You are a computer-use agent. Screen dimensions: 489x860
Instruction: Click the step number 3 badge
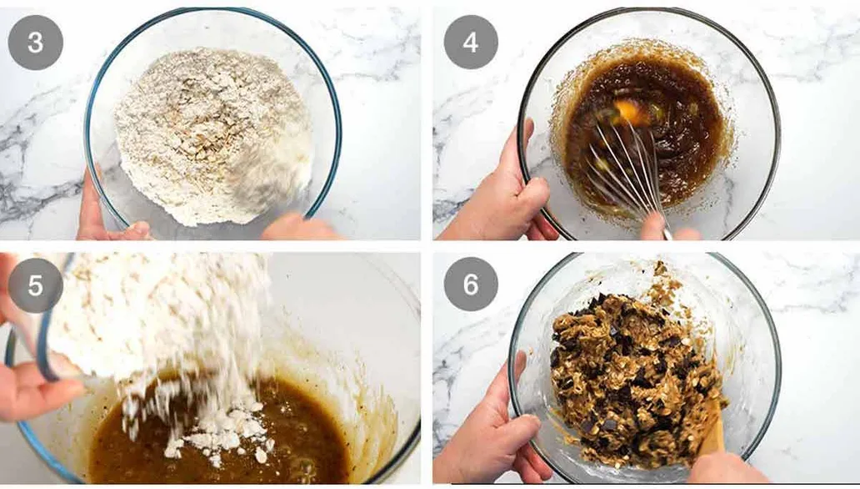tap(35, 43)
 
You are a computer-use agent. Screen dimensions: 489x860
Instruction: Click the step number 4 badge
tap(471, 43)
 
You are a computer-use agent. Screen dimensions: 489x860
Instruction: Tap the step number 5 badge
tap(35, 285)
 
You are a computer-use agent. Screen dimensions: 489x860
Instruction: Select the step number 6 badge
tap(471, 285)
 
